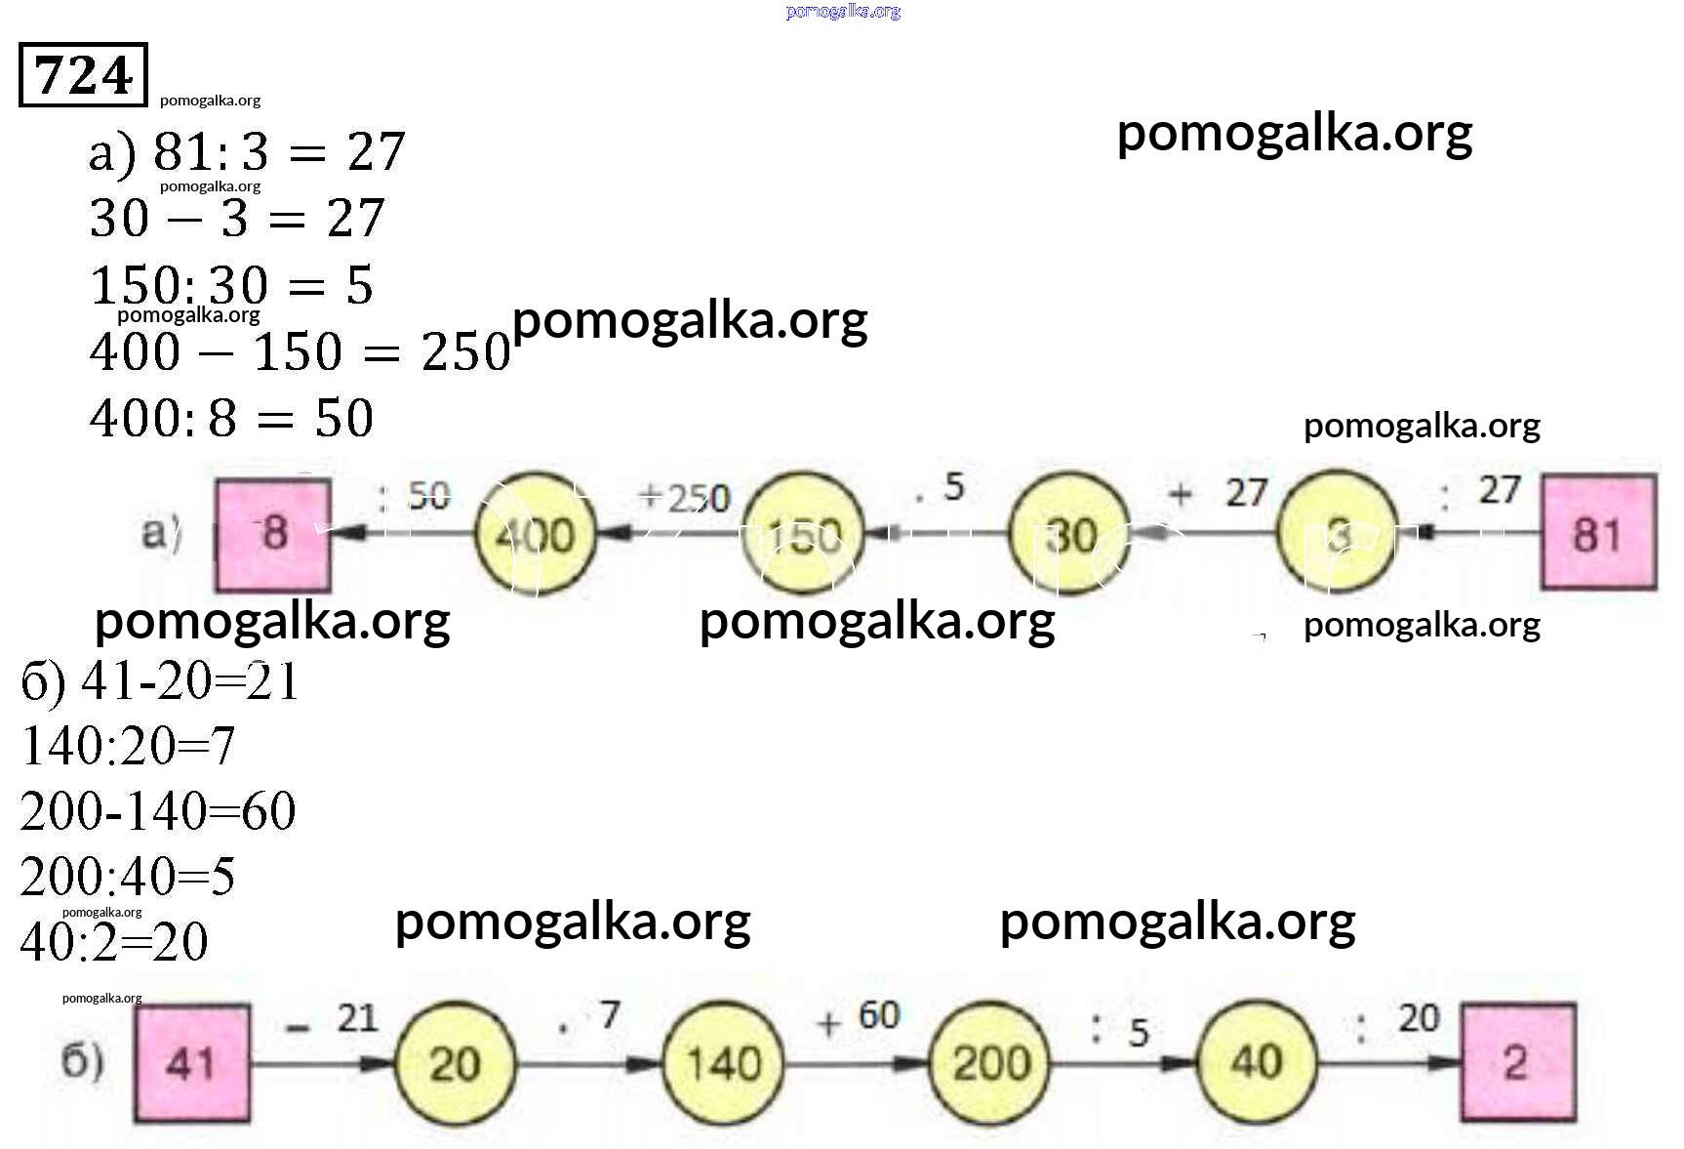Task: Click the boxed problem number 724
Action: coord(83,74)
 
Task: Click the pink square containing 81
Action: coord(1598,532)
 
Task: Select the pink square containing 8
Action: coord(273,533)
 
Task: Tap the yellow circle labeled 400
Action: coord(535,535)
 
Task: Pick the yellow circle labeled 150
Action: coord(803,535)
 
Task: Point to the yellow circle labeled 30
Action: coord(1069,535)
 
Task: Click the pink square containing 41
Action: coord(191,1062)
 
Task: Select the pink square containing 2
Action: coord(1517,1062)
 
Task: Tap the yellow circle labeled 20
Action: coord(456,1062)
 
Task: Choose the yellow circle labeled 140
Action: coord(723,1062)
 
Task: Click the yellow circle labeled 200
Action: coord(990,1062)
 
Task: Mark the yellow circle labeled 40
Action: coord(1257,1062)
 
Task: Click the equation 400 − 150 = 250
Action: coord(300,351)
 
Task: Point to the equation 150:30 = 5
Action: coord(231,285)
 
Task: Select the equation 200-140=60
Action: coord(157,810)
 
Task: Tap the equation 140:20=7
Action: coord(128,746)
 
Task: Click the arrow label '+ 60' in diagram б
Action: coord(859,1017)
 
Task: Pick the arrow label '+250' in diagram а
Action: coord(684,497)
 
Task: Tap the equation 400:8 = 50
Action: coord(231,418)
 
